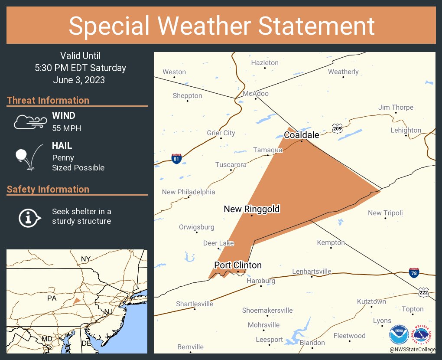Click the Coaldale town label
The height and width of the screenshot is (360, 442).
point(302,135)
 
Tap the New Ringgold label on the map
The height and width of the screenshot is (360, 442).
point(252,209)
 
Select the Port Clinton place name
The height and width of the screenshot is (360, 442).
point(238,265)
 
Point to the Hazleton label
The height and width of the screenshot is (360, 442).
point(265,63)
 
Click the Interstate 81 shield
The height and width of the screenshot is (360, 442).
point(176,159)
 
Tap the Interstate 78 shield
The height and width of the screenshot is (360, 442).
point(414,273)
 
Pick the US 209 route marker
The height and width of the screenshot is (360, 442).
point(337,128)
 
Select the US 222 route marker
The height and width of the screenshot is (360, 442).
point(424,293)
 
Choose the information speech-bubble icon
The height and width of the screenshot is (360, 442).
point(29,217)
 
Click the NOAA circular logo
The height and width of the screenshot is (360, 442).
point(399,335)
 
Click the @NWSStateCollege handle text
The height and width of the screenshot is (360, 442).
point(412,349)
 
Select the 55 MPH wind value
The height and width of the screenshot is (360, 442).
point(66,128)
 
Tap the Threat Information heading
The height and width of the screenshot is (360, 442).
point(48,100)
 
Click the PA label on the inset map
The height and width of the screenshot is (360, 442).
point(52,298)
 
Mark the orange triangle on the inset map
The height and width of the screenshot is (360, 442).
point(77,301)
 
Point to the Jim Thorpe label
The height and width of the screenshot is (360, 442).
point(396,108)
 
